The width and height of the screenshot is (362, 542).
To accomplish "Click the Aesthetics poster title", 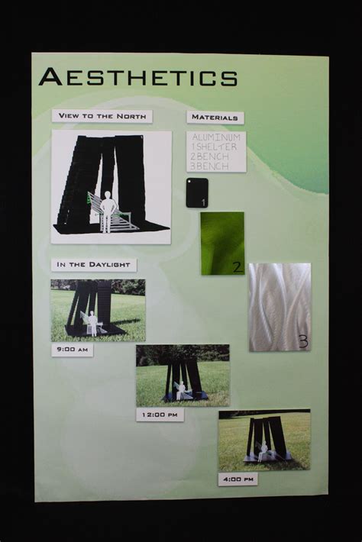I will (137, 77).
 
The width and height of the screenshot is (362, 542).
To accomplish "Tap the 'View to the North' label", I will (102, 116).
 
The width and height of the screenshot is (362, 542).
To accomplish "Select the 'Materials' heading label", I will (215, 118).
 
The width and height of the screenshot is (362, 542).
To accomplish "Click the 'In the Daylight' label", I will (93, 265).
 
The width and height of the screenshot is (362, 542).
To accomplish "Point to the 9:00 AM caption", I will (72, 350).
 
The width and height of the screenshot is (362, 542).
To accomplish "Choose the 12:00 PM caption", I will (160, 415).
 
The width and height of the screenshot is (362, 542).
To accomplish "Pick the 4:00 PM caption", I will (238, 479).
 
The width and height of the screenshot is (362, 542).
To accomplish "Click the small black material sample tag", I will (196, 192).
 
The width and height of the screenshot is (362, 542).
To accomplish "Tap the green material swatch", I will (221, 243).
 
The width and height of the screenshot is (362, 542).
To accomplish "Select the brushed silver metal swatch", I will (279, 307).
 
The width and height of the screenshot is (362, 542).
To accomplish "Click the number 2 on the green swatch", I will (237, 266).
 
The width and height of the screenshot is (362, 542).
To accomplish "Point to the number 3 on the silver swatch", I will (302, 341).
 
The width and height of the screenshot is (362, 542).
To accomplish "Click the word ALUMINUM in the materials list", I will (218, 137).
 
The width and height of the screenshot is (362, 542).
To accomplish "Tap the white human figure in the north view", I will (108, 210).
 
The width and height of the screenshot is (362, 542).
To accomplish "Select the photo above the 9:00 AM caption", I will (98, 310).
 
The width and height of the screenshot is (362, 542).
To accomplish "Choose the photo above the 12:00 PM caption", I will (183, 376).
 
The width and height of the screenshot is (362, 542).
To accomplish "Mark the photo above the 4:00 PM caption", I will (264, 440).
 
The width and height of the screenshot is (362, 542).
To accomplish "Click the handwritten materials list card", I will (216, 151).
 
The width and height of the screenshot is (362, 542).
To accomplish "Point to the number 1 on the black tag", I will (203, 202).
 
